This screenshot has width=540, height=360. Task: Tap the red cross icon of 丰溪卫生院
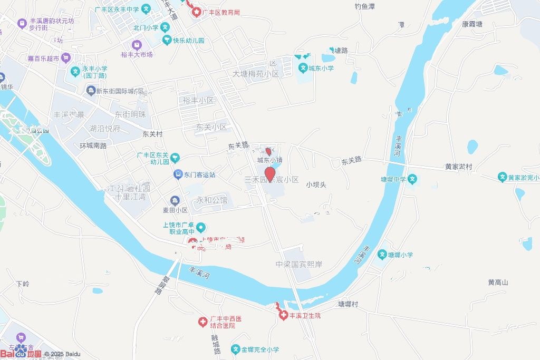(283, 315)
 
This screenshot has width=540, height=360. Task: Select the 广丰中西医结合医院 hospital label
(225, 322)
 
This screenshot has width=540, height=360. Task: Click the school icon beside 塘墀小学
(382, 255)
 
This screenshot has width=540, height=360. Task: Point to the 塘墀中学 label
(393, 179)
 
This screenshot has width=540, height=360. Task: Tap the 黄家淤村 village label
(458, 167)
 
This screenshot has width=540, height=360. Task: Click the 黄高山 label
(497, 283)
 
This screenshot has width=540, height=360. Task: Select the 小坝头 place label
(316, 184)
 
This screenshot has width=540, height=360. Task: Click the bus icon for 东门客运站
(179, 174)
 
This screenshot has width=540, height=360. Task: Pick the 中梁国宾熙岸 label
(298, 264)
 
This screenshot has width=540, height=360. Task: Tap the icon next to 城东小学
(303, 68)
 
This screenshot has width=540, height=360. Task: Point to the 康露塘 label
(472, 24)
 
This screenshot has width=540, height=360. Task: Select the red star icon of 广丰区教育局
(196, 12)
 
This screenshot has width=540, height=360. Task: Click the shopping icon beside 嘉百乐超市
(66, 58)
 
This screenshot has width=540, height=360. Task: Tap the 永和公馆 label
(212, 200)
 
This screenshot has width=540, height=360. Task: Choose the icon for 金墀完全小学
(236, 349)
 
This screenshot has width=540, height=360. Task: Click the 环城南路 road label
(93, 145)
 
